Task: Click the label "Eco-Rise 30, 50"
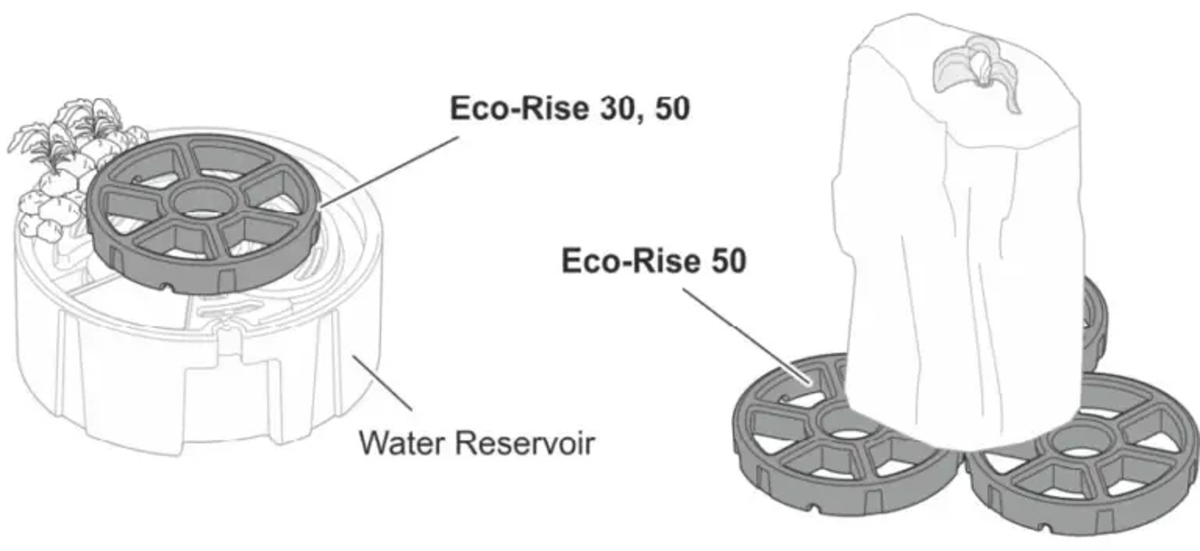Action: [570, 108]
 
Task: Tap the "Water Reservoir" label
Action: [477, 444]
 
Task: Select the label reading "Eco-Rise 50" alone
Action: [654, 261]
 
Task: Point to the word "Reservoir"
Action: [524, 444]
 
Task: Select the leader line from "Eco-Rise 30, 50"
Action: [391, 171]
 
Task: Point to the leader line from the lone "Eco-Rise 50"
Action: [746, 336]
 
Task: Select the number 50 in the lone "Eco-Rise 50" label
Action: [727, 261]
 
